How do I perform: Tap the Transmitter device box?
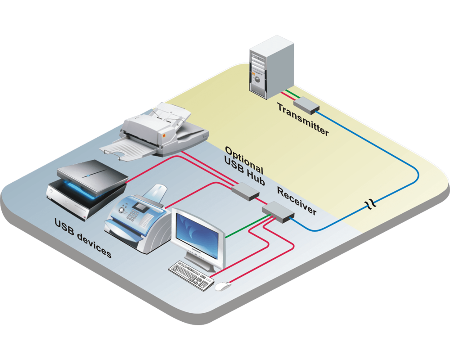pos(306,105)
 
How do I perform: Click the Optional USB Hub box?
pos(245,191)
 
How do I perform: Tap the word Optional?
pos(243,157)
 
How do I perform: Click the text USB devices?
pos(83,237)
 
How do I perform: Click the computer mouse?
pos(222,286)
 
